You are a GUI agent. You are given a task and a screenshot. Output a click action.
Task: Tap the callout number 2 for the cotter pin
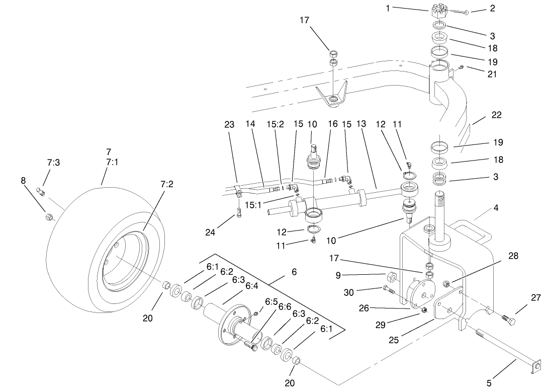[x=492, y=8]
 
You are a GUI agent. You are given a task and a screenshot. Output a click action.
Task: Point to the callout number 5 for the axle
[x=489, y=383]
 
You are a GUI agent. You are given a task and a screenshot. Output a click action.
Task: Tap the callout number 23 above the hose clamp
[x=229, y=124]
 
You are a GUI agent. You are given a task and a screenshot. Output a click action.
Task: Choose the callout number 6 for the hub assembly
[x=294, y=272]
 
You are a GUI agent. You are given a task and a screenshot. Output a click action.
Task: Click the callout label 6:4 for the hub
[x=251, y=285]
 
